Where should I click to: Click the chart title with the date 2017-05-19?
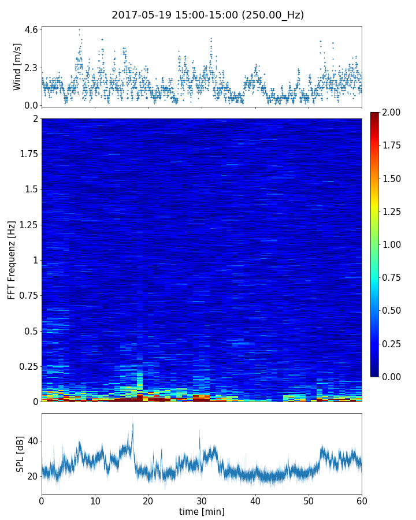pos(208,15)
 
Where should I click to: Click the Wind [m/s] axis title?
pos(17,66)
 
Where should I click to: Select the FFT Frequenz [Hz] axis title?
pos(12,259)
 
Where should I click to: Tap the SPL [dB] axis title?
pos(20,454)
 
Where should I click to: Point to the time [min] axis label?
pos(202,511)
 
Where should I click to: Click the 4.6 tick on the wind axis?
pos(31,29)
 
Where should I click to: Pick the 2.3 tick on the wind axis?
pos(31,68)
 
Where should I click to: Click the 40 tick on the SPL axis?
pos(31,441)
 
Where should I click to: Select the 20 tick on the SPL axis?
pos(31,476)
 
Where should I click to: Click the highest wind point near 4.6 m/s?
pos(79,29)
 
